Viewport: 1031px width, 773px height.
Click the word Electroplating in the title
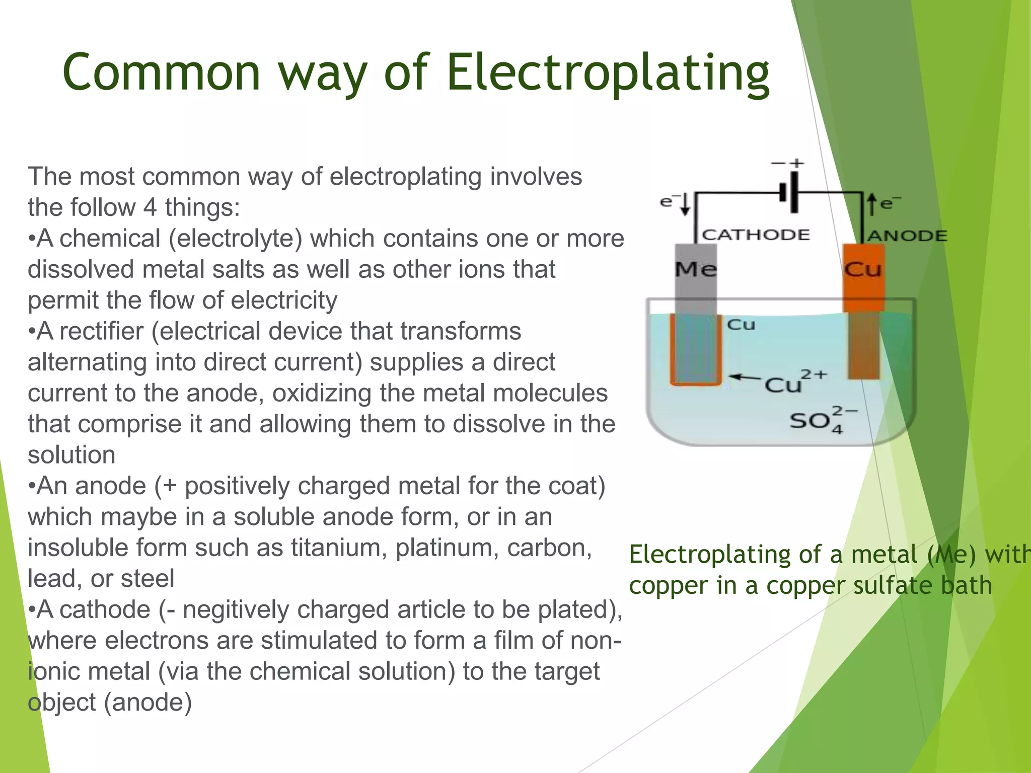608,73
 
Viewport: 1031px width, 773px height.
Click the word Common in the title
161,73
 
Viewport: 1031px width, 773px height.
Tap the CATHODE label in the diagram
756,235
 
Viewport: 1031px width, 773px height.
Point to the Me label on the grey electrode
696,269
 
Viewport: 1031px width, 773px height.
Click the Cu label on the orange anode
863,269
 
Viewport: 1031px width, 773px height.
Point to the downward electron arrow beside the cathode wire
685,204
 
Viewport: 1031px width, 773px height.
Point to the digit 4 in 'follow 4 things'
150,207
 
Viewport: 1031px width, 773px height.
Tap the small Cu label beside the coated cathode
741,325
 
